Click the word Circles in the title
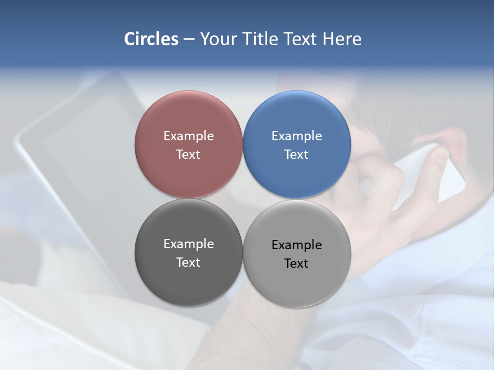pyautogui.click(x=151, y=39)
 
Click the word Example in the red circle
pyautogui.click(x=188, y=136)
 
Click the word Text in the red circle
pyautogui.click(x=188, y=155)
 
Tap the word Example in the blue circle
pyautogui.click(x=297, y=136)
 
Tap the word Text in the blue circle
pyautogui.click(x=296, y=155)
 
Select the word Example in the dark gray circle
pyautogui.click(x=188, y=244)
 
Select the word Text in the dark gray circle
pyautogui.click(x=188, y=263)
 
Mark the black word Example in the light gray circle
pyautogui.click(x=297, y=245)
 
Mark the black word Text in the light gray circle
pyautogui.click(x=296, y=264)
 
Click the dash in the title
pyautogui.click(x=189, y=40)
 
